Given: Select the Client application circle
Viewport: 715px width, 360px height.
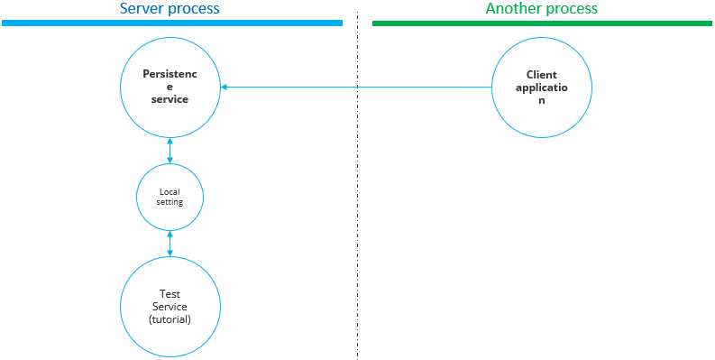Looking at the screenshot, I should [542, 88].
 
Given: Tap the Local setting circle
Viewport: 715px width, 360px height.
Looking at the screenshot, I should [170, 197].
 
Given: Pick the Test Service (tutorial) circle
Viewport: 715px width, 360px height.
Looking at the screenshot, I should [170, 306].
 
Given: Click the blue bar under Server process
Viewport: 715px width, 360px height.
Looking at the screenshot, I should [171, 23].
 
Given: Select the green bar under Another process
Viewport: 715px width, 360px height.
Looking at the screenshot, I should [542, 23].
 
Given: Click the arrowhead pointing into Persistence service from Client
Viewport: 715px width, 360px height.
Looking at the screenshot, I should [225, 88].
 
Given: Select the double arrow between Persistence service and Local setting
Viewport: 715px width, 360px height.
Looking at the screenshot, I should [170, 151].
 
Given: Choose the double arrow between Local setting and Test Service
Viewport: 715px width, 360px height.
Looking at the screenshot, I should [170, 244].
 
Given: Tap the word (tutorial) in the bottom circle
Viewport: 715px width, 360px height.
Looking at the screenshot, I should [170, 319].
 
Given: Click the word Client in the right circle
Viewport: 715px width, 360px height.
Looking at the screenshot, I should [542, 74].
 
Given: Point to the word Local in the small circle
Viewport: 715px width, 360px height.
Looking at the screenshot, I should [170, 191].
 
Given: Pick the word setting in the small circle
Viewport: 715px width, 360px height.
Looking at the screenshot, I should [170, 202].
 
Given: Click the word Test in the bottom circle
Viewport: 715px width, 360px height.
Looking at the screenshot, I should [170, 293].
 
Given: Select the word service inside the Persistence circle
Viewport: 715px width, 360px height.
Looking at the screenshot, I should [170, 99].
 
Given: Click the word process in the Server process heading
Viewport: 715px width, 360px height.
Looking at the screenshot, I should [194, 9].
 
